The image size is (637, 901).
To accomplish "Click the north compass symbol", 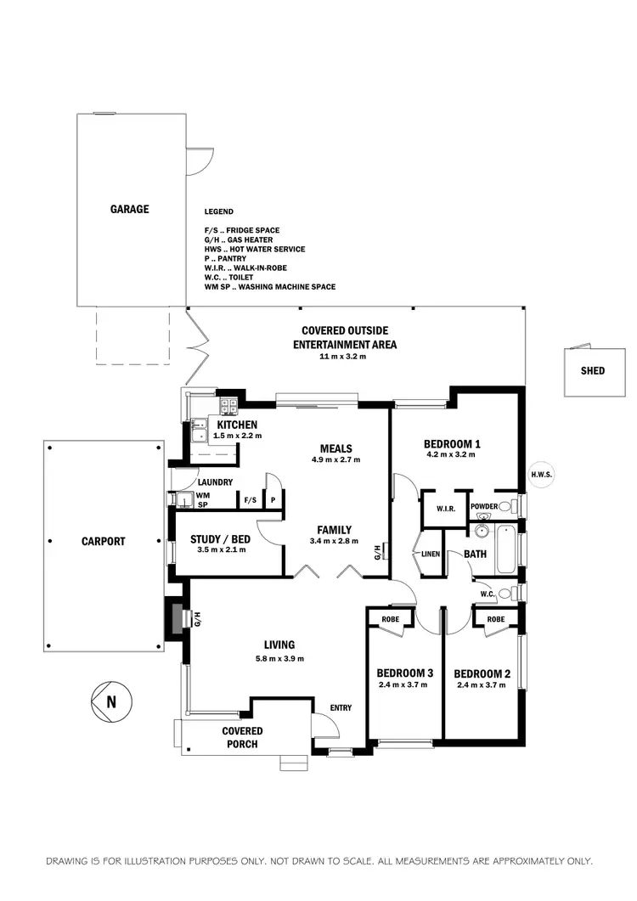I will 111,701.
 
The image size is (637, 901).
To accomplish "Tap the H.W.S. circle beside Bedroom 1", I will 541,475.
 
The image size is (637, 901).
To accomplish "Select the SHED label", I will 594,370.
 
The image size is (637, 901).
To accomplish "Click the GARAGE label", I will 129,209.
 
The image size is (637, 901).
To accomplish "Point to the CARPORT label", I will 104,541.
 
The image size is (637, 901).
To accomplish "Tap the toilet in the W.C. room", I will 505,594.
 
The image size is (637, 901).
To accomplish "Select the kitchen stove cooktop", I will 228,407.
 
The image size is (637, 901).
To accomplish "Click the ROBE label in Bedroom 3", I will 391,619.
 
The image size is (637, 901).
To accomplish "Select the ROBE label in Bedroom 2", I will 495,619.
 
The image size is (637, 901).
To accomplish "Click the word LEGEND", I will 218,211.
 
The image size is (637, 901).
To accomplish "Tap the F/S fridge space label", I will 250,500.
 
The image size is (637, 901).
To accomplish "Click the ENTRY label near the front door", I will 340,707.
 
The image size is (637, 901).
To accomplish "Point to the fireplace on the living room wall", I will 176,617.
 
